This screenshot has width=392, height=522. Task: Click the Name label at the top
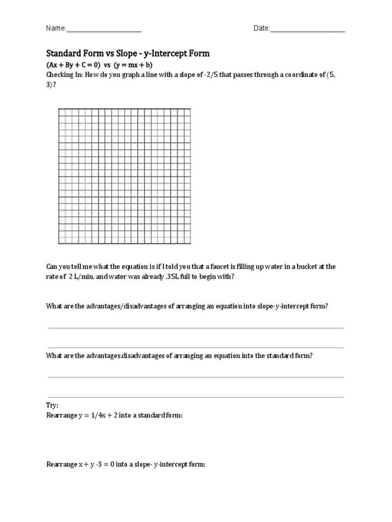[x=56, y=29]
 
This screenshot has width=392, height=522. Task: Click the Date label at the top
[x=261, y=29]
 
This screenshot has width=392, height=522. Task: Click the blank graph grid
[x=125, y=176]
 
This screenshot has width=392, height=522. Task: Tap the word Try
[x=53, y=405]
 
